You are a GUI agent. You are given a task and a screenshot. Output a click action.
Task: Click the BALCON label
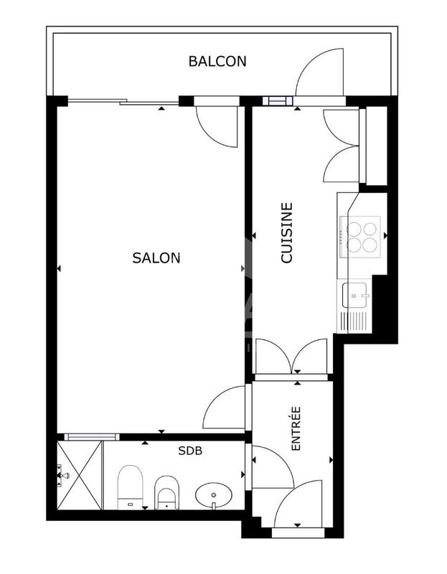pos(217,61)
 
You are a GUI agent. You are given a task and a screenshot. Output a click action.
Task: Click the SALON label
pos(156,258)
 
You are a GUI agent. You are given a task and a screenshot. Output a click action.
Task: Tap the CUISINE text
pos(286,233)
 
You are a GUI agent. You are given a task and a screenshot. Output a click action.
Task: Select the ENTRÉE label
pos(296,428)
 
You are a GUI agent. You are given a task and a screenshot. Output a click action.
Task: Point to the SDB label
pos(190,451)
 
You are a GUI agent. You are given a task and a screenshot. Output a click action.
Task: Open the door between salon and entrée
pos(226,410)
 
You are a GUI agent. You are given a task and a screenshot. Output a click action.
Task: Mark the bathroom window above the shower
pos(90,436)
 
